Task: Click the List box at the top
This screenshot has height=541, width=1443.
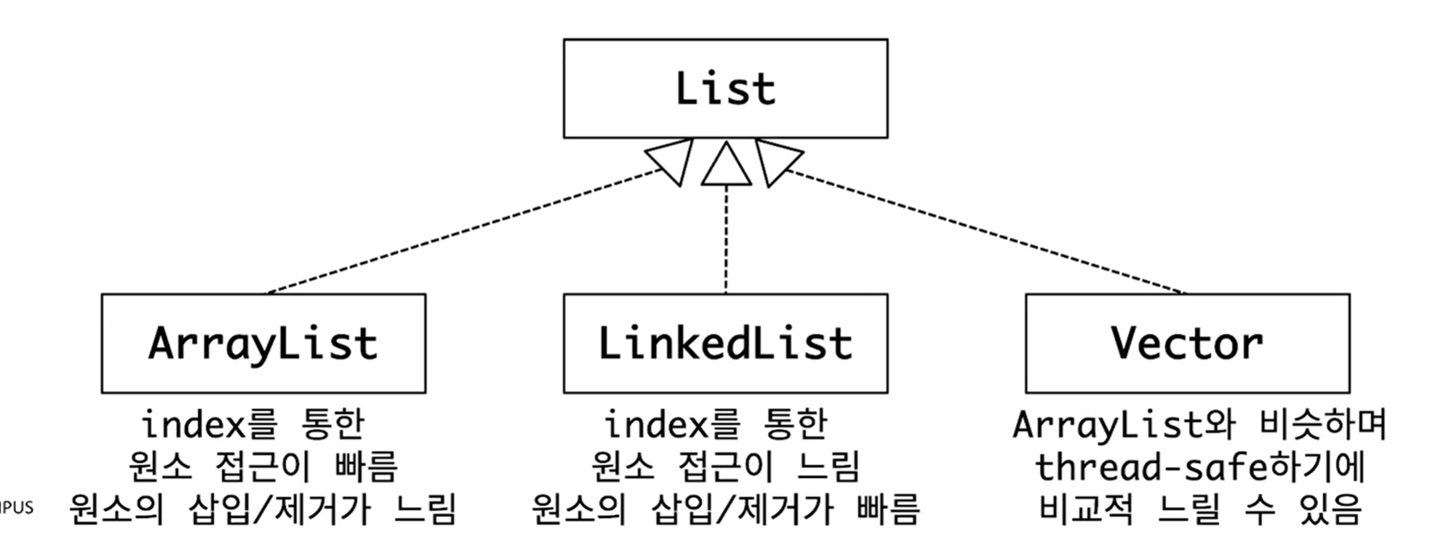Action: coord(725,89)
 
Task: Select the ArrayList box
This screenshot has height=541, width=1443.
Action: coord(263,343)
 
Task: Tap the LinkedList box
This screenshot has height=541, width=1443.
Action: coord(725,343)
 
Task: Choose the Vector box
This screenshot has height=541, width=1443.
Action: coord(1187,343)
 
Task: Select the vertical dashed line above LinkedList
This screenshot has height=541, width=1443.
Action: coord(726,240)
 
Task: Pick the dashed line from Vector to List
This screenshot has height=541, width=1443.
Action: coord(986,231)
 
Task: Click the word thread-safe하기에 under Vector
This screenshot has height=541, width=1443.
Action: coord(1199,467)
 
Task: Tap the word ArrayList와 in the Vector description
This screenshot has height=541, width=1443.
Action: coord(1123,424)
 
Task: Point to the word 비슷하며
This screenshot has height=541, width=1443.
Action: coord(1323,424)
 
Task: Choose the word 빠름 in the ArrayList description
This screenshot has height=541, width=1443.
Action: coord(366,466)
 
